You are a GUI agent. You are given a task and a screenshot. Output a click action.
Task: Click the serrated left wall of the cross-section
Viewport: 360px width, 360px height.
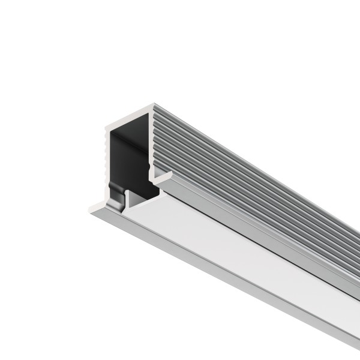(105, 162)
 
